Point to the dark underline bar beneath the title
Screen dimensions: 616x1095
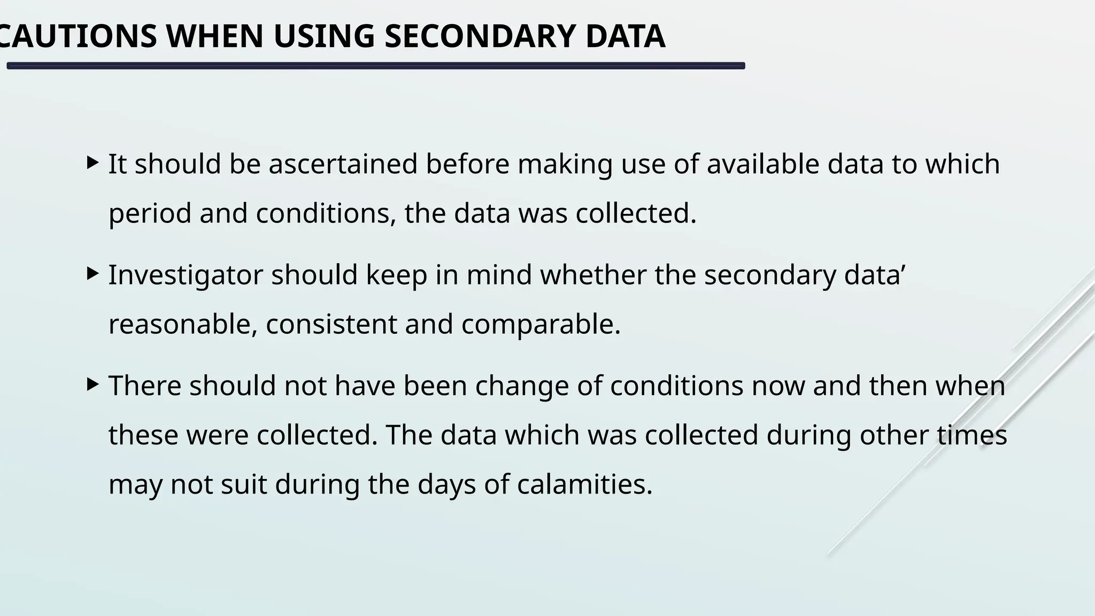pos(375,66)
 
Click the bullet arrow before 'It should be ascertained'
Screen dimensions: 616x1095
pos(92,163)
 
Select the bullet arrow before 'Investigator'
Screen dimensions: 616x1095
pos(92,274)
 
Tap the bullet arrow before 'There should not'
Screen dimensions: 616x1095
pos(92,384)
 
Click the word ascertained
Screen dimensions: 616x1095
pos(343,164)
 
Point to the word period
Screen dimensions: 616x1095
pos(150,214)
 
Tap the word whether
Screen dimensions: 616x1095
pos(593,275)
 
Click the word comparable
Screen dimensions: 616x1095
pos(541,324)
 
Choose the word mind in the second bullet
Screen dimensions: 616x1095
pos(499,275)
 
